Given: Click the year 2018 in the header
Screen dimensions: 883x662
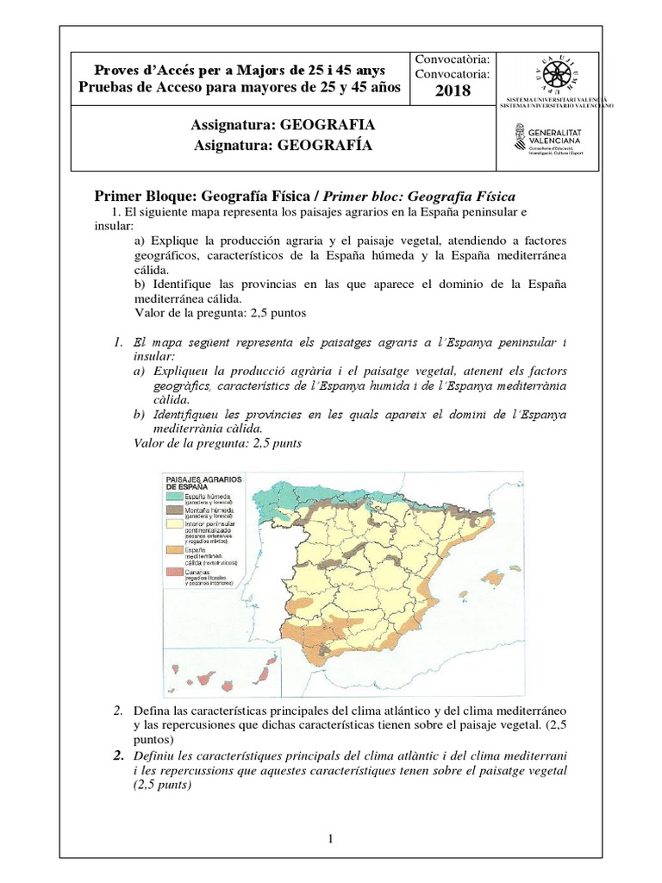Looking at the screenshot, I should click(453, 91).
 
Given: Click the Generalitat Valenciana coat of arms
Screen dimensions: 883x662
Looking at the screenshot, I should click(517, 137).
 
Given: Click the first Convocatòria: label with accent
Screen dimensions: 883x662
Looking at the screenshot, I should click(453, 59).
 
